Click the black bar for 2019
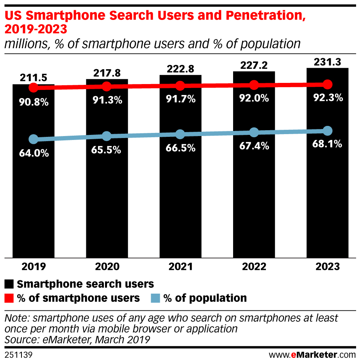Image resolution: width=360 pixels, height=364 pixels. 34,195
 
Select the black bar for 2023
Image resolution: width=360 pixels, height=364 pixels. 327,195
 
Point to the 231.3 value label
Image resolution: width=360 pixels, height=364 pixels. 327,62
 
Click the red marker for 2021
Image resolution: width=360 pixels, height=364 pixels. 180,86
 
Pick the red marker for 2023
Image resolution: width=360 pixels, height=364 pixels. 327,84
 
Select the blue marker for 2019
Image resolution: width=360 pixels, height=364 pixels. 34,139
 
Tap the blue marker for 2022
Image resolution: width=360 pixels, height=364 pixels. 254,132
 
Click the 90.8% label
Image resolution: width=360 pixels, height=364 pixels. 34,102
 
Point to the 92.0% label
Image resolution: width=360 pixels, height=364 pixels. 254,98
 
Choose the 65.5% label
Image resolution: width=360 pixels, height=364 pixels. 107,150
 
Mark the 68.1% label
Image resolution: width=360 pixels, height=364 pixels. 327,144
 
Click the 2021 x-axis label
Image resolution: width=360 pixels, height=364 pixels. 180,267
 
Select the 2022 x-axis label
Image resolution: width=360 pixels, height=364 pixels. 254,267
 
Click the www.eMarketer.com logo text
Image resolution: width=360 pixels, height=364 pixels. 312,355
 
